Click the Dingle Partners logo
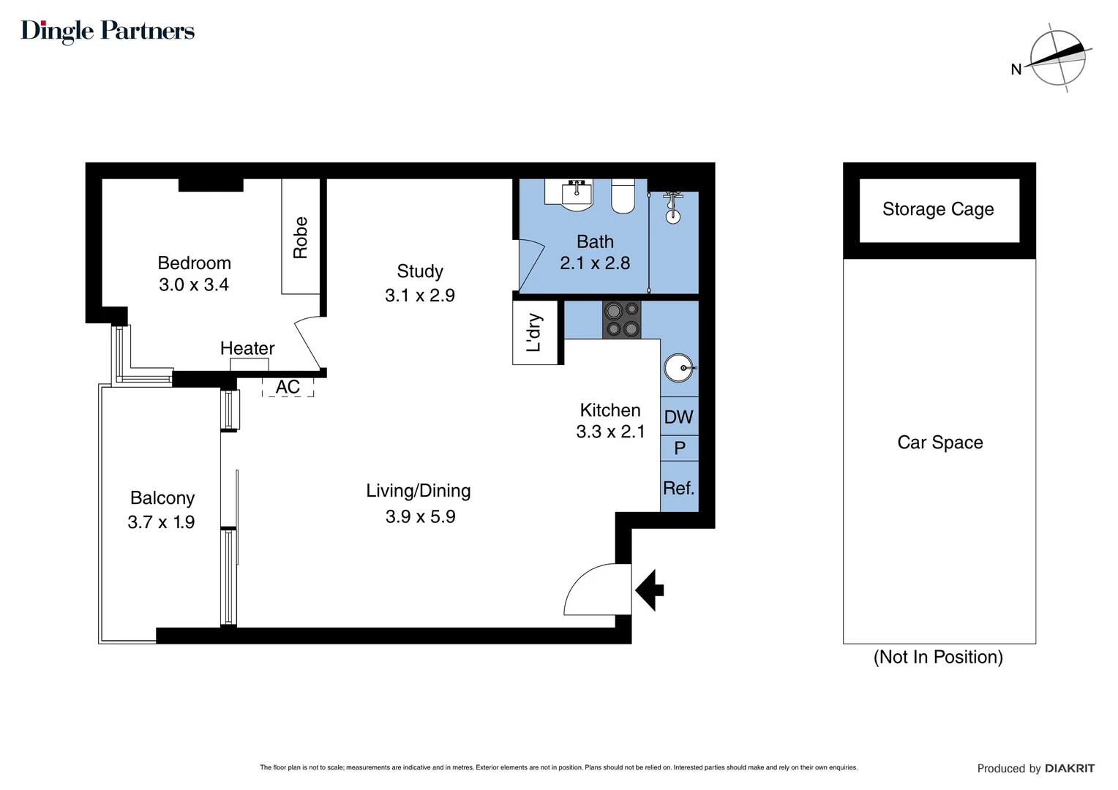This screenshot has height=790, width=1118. [x=108, y=31]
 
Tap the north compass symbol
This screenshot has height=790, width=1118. [x=1057, y=58]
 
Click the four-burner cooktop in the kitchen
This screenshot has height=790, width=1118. [x=621, y=320]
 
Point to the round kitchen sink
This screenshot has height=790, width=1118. [x=678, y=368]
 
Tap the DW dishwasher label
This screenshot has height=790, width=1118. [x=678, y=417]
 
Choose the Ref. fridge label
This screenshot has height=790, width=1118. [x=678, y=488]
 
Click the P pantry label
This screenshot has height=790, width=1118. [x=680, y=448]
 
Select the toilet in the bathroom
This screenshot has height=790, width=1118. [x=623, y=195]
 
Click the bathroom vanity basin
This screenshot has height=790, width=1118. [x=577, y=195]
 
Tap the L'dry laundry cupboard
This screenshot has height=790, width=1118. [x=535, y=333]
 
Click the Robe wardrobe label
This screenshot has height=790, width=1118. [x=301, y=237]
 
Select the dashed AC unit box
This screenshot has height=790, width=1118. [x=288, y=387]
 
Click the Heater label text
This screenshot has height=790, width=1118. [x=247, y=348]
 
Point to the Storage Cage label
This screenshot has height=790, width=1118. [x=938, y=209]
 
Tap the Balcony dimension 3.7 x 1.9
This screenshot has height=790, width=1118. [x=161, y=522]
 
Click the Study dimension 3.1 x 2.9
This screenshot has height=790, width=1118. [x=420, y=296]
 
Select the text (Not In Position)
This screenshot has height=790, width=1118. [x=938, y=657]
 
